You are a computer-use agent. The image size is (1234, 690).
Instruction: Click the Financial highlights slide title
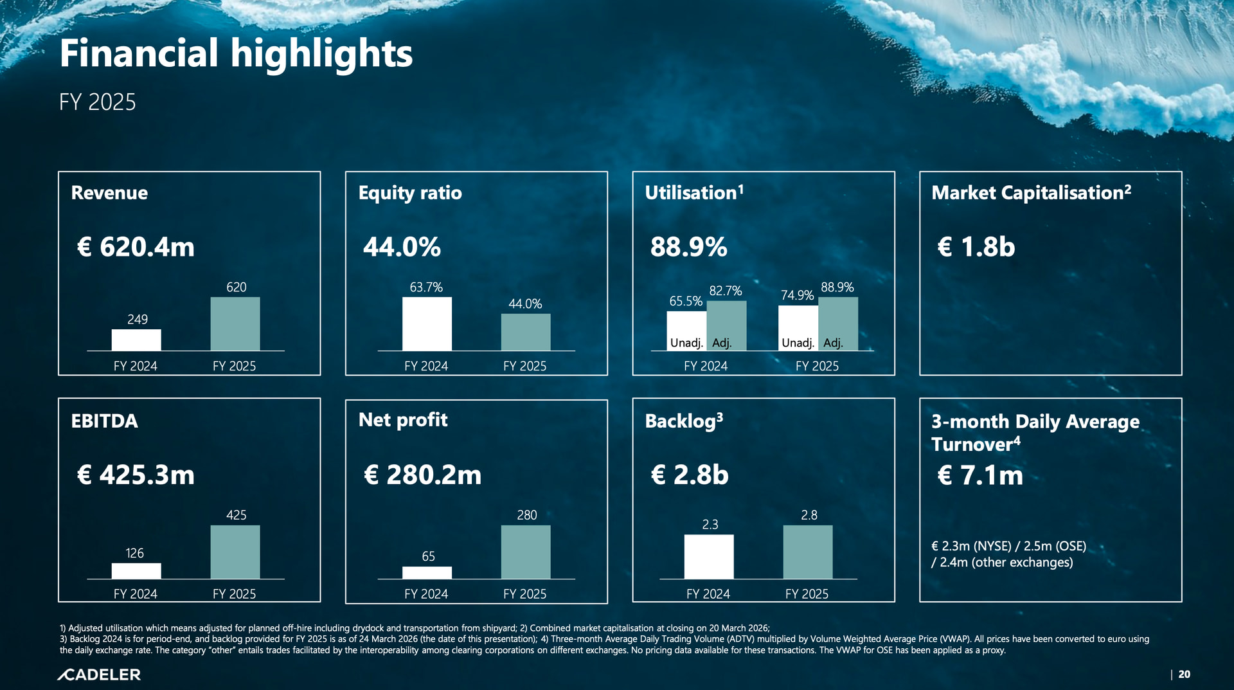(236, 53)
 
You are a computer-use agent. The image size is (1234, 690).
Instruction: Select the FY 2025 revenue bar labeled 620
(235, 323)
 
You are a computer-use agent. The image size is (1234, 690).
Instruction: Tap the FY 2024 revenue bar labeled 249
(136, 340)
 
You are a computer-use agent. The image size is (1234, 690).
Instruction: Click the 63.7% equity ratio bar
(427, 323)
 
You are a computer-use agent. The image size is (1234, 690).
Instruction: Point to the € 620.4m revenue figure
(136, 247)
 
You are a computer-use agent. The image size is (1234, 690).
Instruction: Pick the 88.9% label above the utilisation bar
(837, 287)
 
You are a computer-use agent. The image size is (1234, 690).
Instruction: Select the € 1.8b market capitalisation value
(976, 247)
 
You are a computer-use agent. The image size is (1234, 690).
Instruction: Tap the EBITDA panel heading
(104, 421)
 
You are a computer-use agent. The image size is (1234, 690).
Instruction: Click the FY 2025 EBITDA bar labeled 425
(235, 552)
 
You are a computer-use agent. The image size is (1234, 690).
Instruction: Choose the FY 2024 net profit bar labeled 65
(427, 572)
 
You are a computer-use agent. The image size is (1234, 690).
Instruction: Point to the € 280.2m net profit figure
(422, 475)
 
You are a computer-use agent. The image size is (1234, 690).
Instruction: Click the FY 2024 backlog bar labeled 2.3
(708, 556)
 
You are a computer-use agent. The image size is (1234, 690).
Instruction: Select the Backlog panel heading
(683, 421)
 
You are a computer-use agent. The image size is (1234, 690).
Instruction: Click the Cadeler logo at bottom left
(99, 675)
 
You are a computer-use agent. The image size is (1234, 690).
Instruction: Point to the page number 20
(1184, 675)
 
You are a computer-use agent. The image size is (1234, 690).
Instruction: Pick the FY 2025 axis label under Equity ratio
(524, 366)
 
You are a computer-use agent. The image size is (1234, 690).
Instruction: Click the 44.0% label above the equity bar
(525, 304)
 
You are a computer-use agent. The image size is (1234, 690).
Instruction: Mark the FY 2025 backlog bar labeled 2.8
(807, 552)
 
